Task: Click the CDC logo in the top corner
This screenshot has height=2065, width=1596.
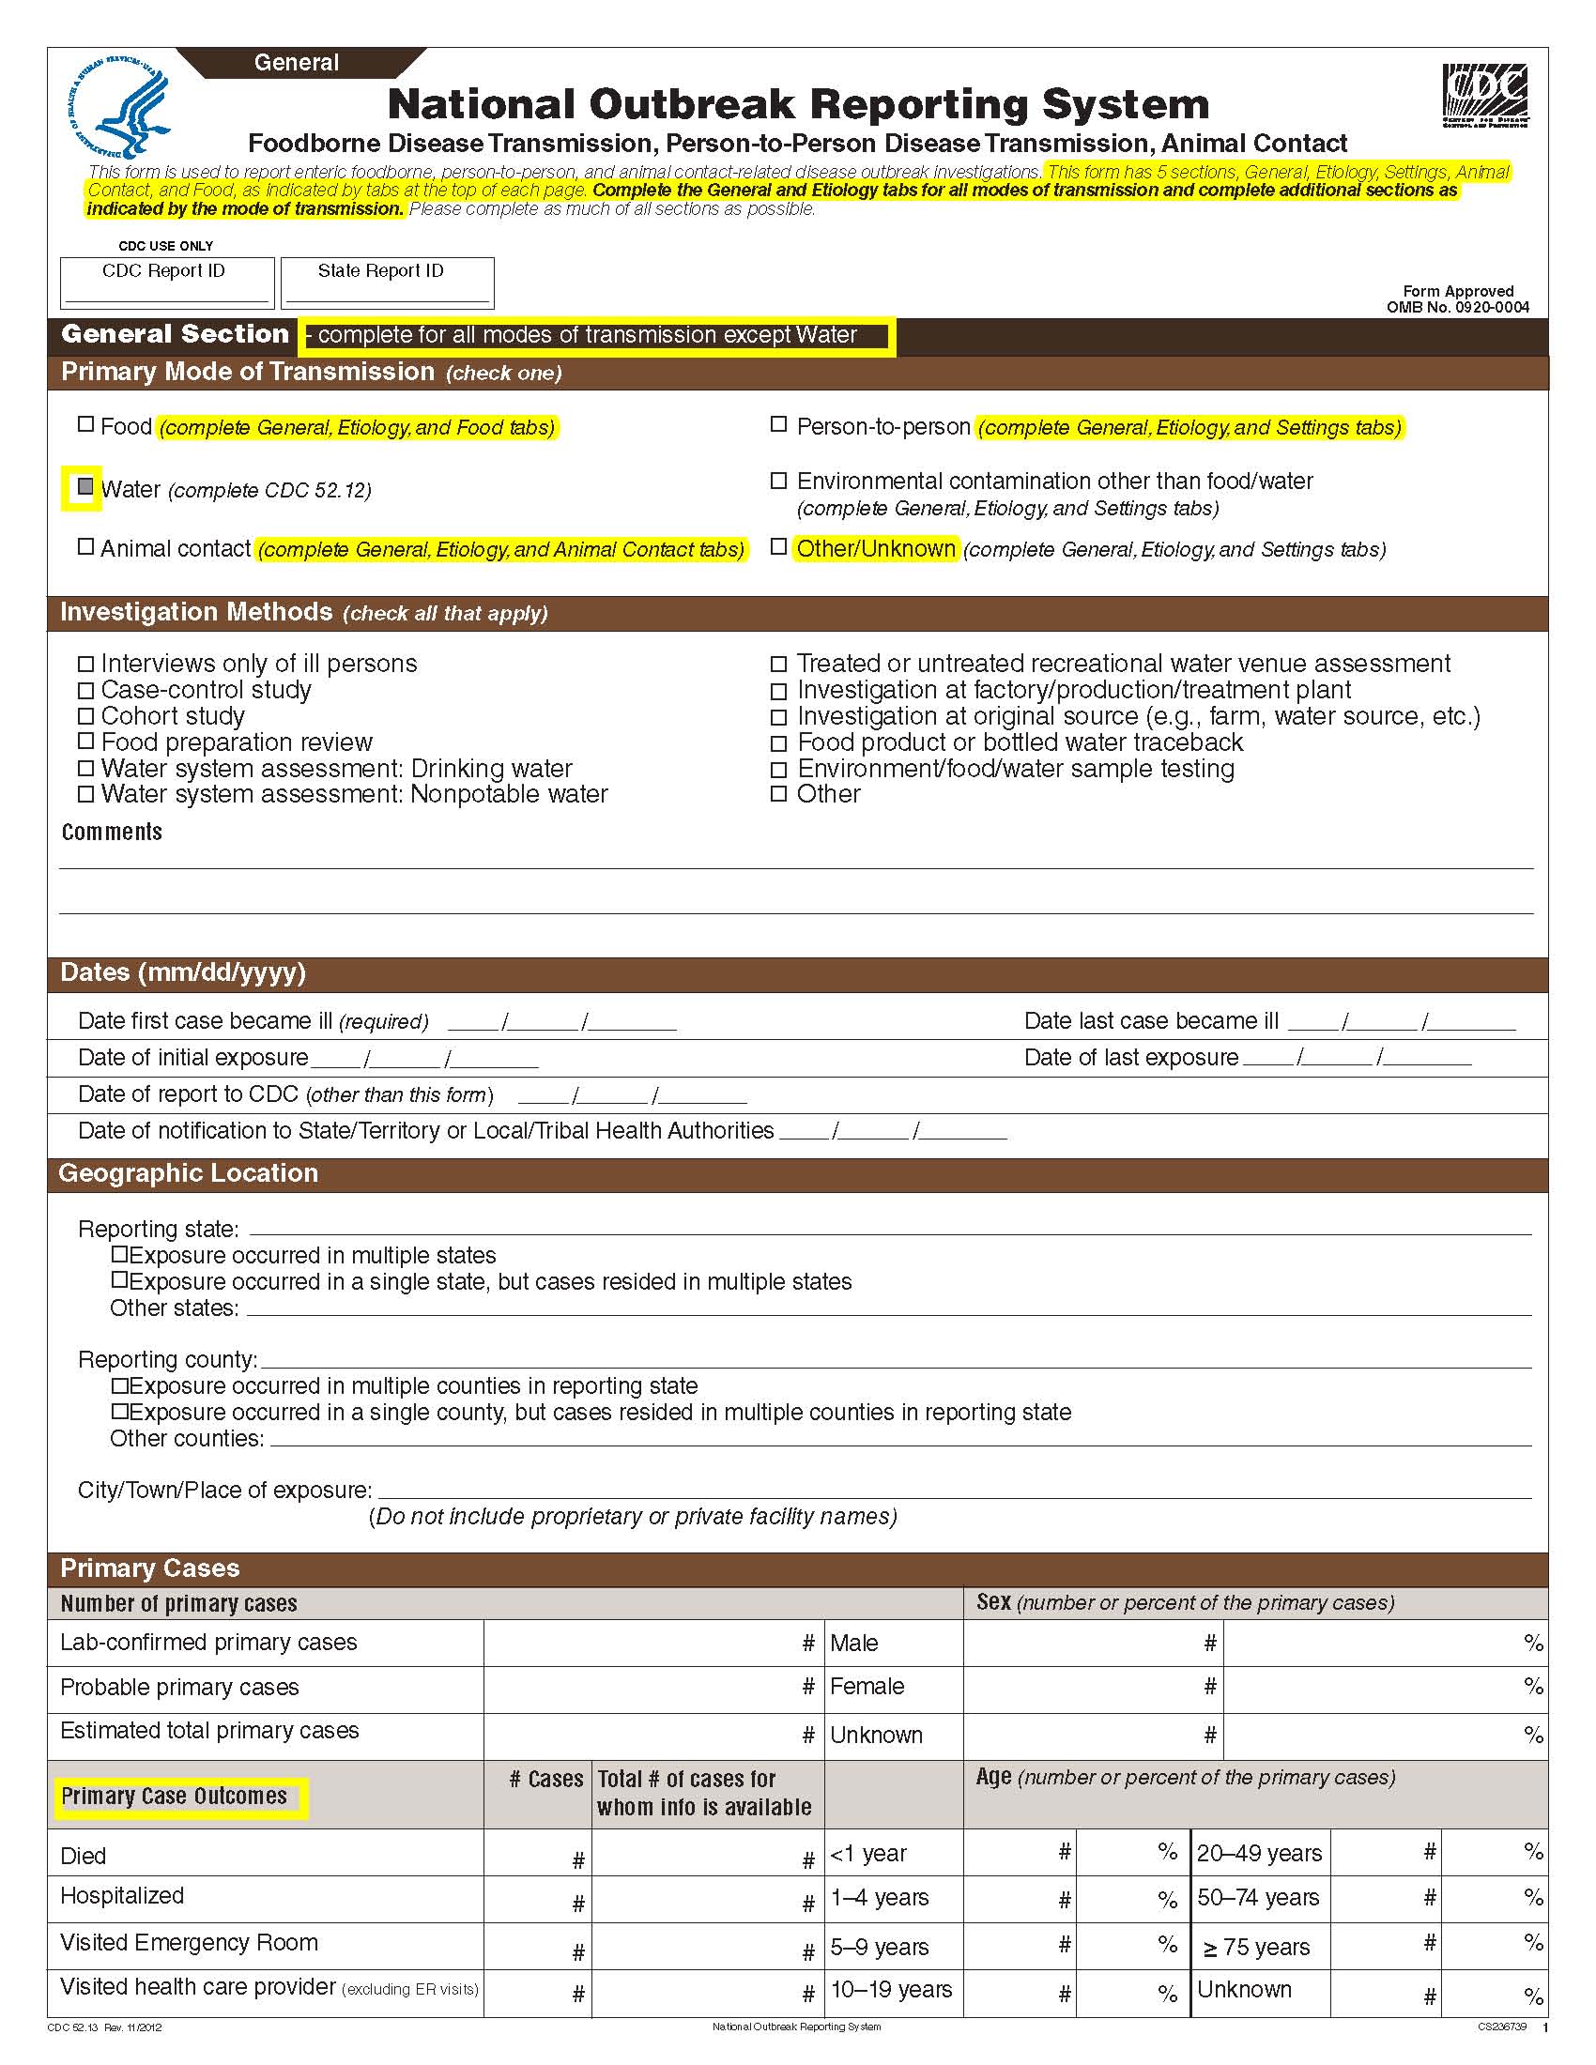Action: click(1484, 96)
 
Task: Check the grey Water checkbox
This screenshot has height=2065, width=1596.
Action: click(85, 487)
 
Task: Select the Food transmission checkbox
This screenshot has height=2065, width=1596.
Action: click(86, 424)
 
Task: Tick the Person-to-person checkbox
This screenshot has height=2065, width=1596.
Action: click(778, 424)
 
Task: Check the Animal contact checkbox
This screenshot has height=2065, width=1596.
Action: click(86, 546)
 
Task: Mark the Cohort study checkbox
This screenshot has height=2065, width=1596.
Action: click(86, 716)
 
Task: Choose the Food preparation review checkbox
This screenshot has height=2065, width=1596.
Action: click(86, 742)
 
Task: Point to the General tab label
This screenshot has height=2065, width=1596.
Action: click(296, 62)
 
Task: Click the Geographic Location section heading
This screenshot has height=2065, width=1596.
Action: click(188, 1173)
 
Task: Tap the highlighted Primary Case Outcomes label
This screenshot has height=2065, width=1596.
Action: click(174, 1797)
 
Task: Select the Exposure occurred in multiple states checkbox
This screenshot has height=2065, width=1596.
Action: click(119, 1255)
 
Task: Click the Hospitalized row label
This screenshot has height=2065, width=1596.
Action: click(122, 1896)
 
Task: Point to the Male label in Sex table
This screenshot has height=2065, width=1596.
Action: click(853, 1644)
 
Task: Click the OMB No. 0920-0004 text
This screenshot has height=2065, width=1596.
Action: click(1457, 306)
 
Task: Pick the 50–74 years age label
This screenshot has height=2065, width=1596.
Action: click(1257, 1898)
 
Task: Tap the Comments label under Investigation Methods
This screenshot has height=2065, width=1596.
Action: click(112, 832)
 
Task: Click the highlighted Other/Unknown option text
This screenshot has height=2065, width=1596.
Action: click(876, 548)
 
